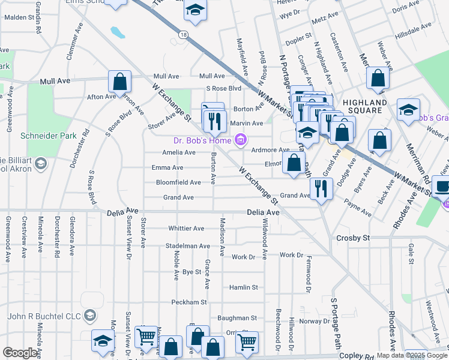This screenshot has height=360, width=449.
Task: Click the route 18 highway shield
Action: [183, 35]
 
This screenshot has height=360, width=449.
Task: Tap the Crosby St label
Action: [352, 238]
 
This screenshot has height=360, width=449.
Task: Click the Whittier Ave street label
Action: [187, 229]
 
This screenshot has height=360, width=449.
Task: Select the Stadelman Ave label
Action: [188, 246]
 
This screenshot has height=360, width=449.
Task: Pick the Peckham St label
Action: [188, 302]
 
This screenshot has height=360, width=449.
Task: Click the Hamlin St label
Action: [243, 287]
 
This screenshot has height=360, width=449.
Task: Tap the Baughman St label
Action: [237, 318]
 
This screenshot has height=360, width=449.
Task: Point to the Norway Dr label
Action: [315, 321]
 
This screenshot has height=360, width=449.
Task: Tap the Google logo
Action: [20, 353]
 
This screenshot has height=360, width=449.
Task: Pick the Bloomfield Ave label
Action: [178, 182]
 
